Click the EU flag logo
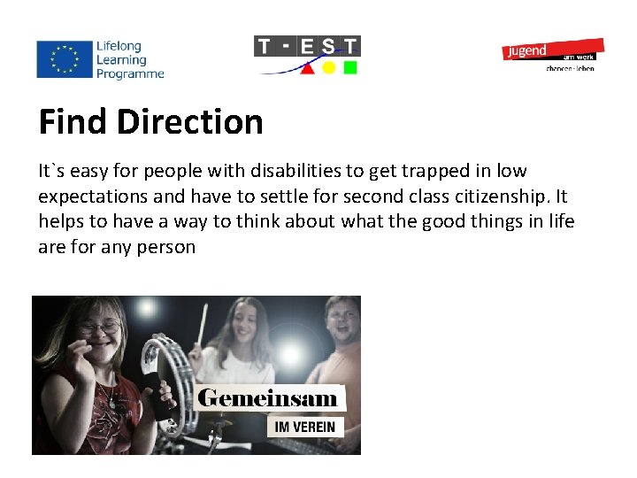click(65, 58)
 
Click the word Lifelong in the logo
click(119, 46)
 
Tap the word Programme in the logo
click(131, 74)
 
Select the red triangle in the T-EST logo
click(307, 67)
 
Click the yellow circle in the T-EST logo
click(329, 67)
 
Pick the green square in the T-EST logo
click(350, 67)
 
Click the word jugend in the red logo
click(526, 51)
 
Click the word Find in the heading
click(73, 122)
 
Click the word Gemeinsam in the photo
click(267, 397)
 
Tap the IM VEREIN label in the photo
click(304, 427)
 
